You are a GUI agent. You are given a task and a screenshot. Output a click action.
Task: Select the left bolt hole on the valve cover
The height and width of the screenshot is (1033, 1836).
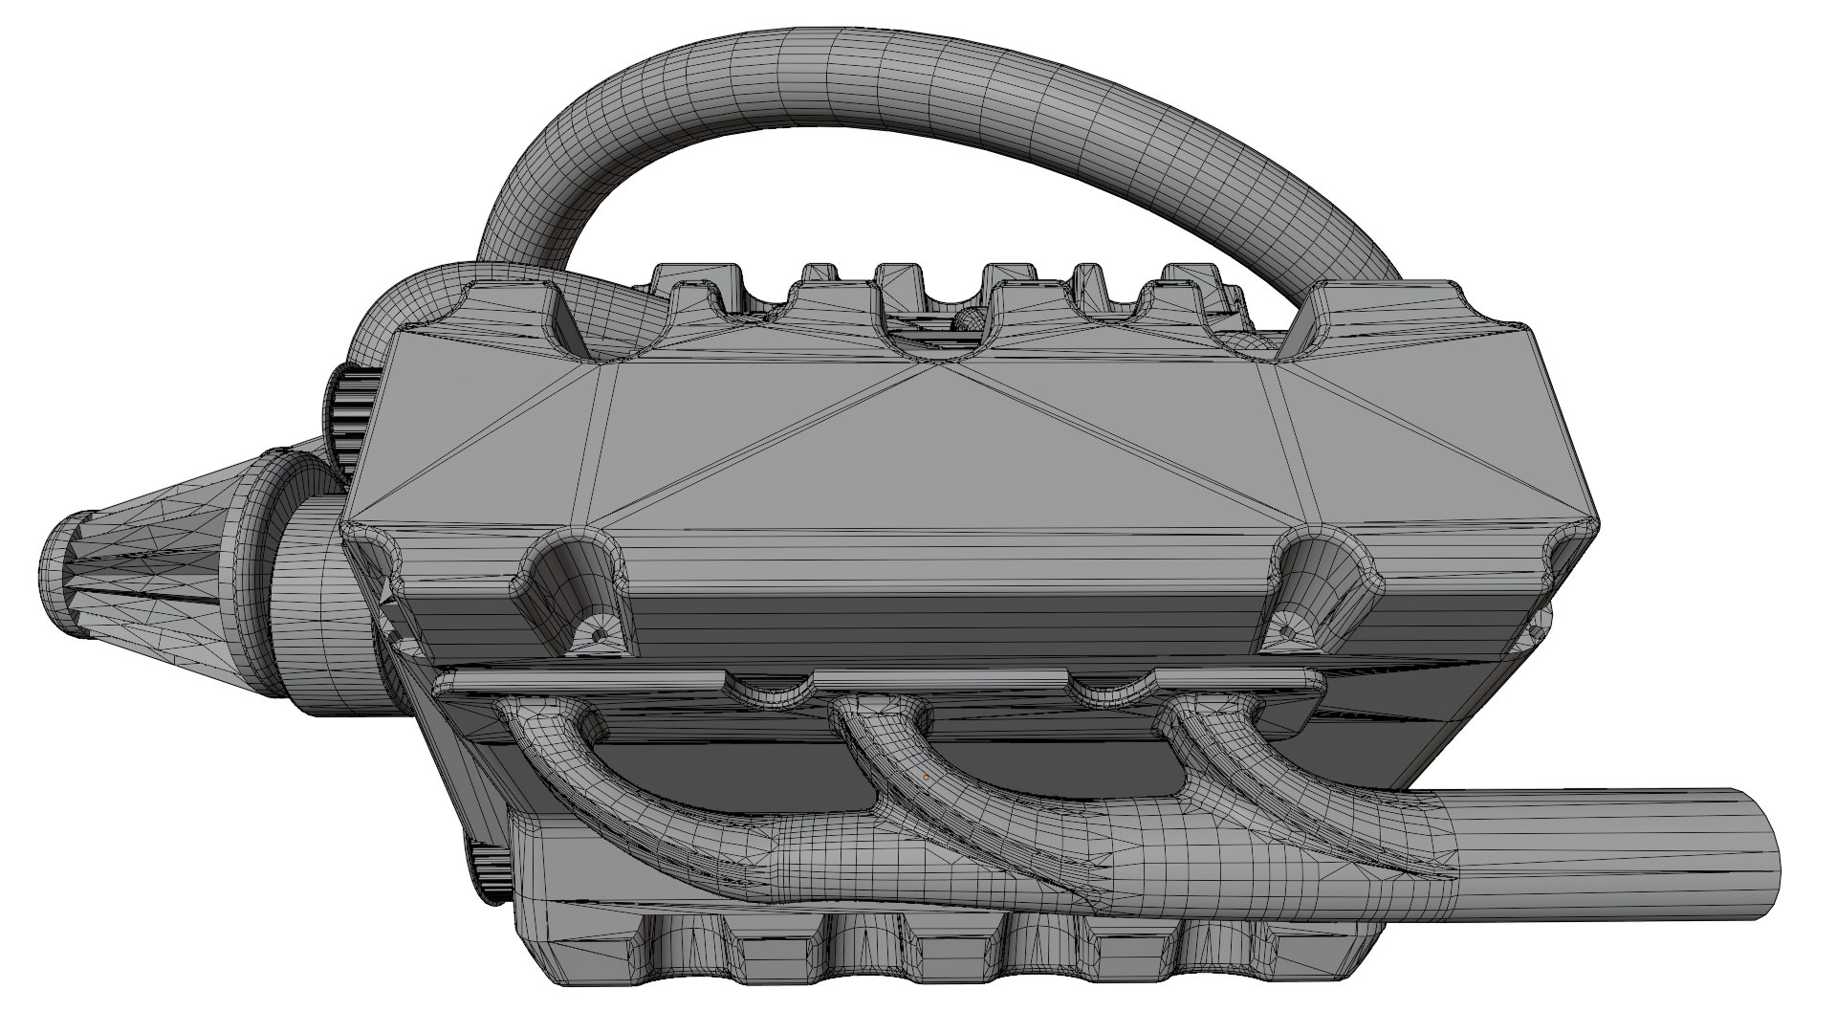coord(600,633)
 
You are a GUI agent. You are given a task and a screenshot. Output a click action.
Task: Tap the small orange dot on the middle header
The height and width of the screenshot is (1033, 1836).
coord(926,778)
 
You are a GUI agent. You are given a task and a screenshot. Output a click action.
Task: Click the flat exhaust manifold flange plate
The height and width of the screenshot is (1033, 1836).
coord(861,681)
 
